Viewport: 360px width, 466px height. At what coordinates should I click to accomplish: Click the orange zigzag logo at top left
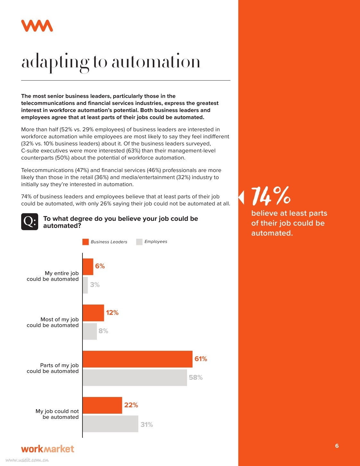coord(37,26)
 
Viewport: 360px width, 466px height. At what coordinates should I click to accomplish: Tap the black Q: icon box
coord(30,221)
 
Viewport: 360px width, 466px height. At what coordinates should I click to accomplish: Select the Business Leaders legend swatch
coord(85,242)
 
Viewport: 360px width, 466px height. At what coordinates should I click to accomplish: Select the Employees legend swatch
coord(139,242)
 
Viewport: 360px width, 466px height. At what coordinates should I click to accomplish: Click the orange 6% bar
coord(88,267)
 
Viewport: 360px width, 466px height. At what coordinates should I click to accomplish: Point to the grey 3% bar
coord(85,285)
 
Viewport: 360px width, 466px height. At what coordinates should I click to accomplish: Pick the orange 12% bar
coord(93,313)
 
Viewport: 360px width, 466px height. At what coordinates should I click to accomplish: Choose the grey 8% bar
coord(90,331)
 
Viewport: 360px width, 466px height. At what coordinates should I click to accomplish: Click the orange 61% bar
coord(137,359)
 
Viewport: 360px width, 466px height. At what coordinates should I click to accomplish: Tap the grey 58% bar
coord(135,377)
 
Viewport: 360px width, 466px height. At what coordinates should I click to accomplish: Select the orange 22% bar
coord(102,405)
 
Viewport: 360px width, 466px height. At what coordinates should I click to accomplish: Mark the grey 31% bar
coord(110,424)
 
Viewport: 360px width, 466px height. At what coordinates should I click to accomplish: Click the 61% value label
coord(201,359)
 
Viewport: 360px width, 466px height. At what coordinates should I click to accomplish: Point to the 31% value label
coord(147,425)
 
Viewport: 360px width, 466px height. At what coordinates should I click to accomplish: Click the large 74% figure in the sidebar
coord(271,196)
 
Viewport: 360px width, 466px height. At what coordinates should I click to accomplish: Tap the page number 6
coord(337,446)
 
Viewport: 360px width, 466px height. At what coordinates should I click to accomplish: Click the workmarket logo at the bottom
coord(47,449)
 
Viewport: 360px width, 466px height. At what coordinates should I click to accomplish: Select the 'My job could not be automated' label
coord(57,414)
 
